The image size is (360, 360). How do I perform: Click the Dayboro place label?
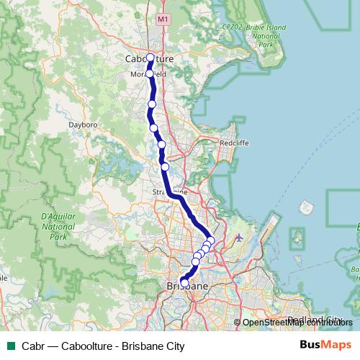[83, 124]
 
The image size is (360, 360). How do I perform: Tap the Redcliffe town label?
[235, 143]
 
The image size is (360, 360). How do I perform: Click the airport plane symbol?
[239, 237]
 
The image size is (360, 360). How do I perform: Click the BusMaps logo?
[326, 346]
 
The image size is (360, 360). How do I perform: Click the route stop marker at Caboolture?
[150, 58]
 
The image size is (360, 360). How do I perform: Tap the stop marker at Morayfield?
[150, 73]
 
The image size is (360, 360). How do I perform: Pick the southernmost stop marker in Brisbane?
[184, 283]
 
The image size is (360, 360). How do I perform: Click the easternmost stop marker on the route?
[210, 240]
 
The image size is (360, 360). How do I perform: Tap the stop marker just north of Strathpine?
[165, 167]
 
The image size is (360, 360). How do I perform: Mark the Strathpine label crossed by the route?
[171, 192]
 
